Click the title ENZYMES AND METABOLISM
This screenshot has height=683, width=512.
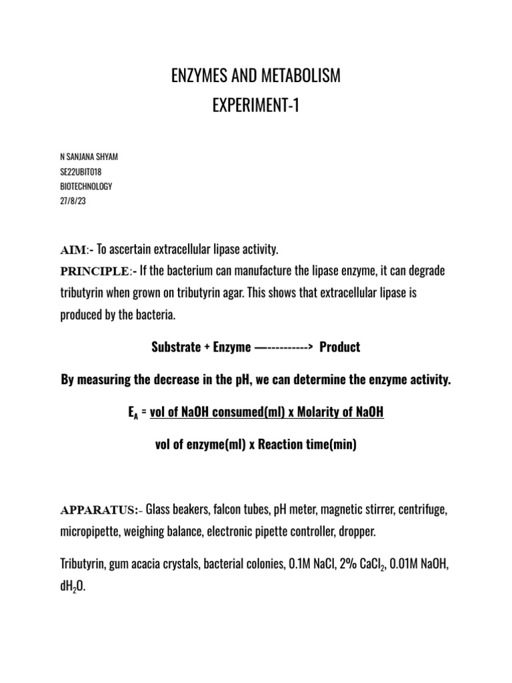(256, 77)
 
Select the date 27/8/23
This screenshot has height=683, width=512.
(73, 201)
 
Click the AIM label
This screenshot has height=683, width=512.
(73, 251)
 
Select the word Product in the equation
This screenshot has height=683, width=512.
(340, 348)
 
